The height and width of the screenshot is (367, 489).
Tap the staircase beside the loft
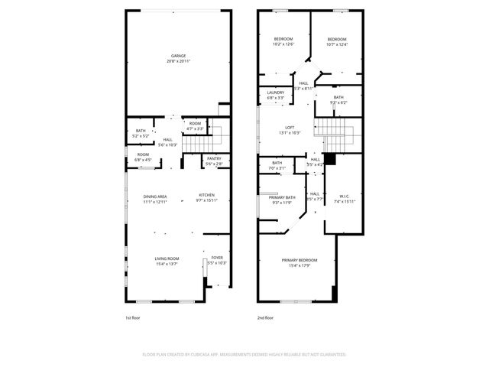click(336, 135)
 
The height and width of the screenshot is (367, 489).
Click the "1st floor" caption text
click(133, 317)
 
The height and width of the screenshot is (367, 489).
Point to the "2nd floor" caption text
click(265, 317)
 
